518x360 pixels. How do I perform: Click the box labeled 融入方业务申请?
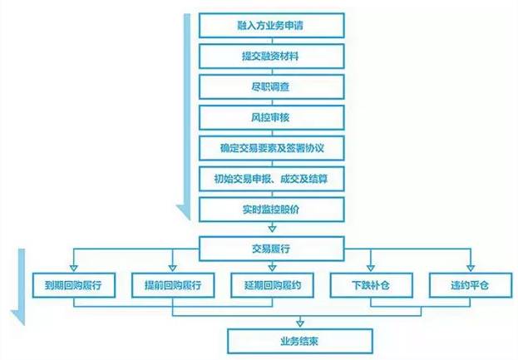pyautogui.click(x=271, y=27)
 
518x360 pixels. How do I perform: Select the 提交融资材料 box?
pyautogui.click(x=271, y=57)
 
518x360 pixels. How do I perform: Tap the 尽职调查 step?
pyautogui.click(x=271, y=86)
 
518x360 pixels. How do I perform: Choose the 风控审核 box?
pyautogui.click(x=271, y=116)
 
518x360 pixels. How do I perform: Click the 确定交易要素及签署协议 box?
pyautogui.click(x=271, y=147)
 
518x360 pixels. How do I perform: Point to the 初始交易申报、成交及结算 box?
pyautogui.click(x=271, y=177)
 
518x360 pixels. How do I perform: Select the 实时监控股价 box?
pyautogui.click(x=271, y=207)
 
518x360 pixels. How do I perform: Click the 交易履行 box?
pyautogui.click(x=271, y=247)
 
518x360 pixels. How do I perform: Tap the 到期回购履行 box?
pyautogui.click(x=73, y=285)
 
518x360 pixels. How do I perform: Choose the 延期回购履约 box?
pyautogui.click(x=271, y=285)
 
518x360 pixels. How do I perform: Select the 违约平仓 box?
pyautogui.click(x=469, y=285)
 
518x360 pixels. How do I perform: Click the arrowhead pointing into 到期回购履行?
pyautogui.click(x=73, y=268)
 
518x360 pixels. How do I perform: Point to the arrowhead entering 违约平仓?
pyautogui.click(x=469, y=268)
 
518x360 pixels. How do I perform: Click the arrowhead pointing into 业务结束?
pyautogui.click(x=298, y=323)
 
